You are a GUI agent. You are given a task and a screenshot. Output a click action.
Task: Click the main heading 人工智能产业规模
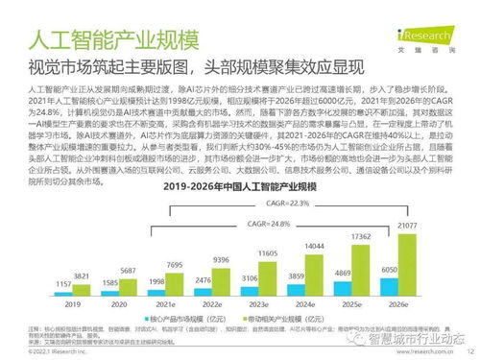(112, 42)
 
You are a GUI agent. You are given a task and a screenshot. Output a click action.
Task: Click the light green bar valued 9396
(221, 279)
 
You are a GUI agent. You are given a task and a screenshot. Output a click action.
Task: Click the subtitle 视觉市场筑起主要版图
(97, 67)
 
